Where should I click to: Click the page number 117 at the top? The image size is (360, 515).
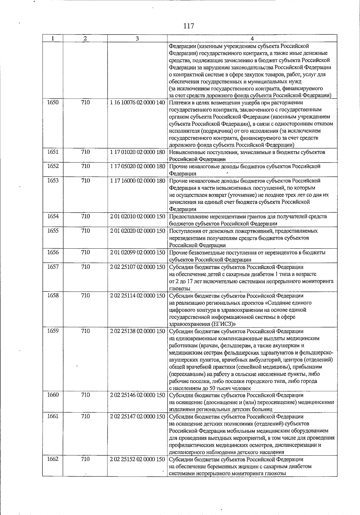point(188,26)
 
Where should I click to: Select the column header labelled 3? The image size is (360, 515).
point(137,39)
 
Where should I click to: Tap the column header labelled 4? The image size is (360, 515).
point(252,39)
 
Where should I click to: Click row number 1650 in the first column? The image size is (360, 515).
point(53,102)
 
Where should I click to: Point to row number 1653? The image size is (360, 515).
point(53,181)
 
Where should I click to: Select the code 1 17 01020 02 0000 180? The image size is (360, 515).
point(137,152)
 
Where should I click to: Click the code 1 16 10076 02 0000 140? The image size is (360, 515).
point(137,103)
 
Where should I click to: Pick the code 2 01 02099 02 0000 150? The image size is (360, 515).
point(137,252)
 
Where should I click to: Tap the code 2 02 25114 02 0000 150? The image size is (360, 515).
point(137,295)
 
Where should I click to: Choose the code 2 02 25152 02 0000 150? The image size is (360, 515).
point(137,459)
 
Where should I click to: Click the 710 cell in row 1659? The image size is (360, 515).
point(85,331)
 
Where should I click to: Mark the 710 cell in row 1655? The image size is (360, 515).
point(85,231)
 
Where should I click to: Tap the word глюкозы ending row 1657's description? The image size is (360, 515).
point(179,289)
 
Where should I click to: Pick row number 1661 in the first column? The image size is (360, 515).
point(53,416)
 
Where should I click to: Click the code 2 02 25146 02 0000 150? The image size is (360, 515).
point(137,395)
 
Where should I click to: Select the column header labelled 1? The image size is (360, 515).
point(53,39)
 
